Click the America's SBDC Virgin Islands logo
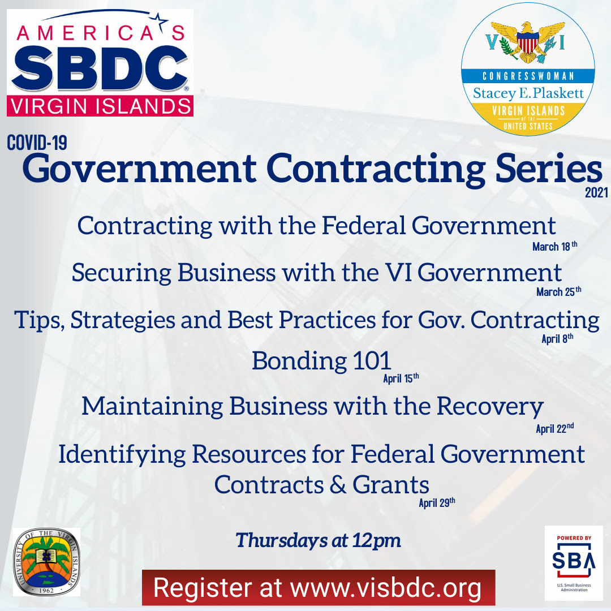pyautogui.click(x=100, y=63)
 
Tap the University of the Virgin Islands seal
pyautogui.click(x=46, y=562)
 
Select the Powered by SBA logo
pyautogui.click(x=574, y=563)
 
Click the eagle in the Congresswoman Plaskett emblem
pyautogui.click(x=528, y=42)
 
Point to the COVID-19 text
pyautogui.click(x=37, y=143)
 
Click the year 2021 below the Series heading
pyautogui.click(x=596, y=192)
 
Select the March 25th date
pyautogui.click(x=559, y=291)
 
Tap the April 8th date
pyautogui.click(x=557, y=338)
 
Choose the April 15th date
pyautogui.click(x=401, y=378)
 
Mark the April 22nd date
pyautogui.click(x=555, y=428)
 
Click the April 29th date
pyautogui.click(x=437, y=503)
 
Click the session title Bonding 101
pyautogui.click(x=321, y=361)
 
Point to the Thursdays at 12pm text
pyautogui.click(x=318, y=540)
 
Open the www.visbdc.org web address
pyautogui.click(x=386, y=588)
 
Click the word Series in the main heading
pyautogui.click(x=549, y=169)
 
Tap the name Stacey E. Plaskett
pyautogui.click(x=528, y=93)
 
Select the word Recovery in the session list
pyautogui.click(x=490, y=407)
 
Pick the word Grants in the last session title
pyautogui.click(x=390, y=485)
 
